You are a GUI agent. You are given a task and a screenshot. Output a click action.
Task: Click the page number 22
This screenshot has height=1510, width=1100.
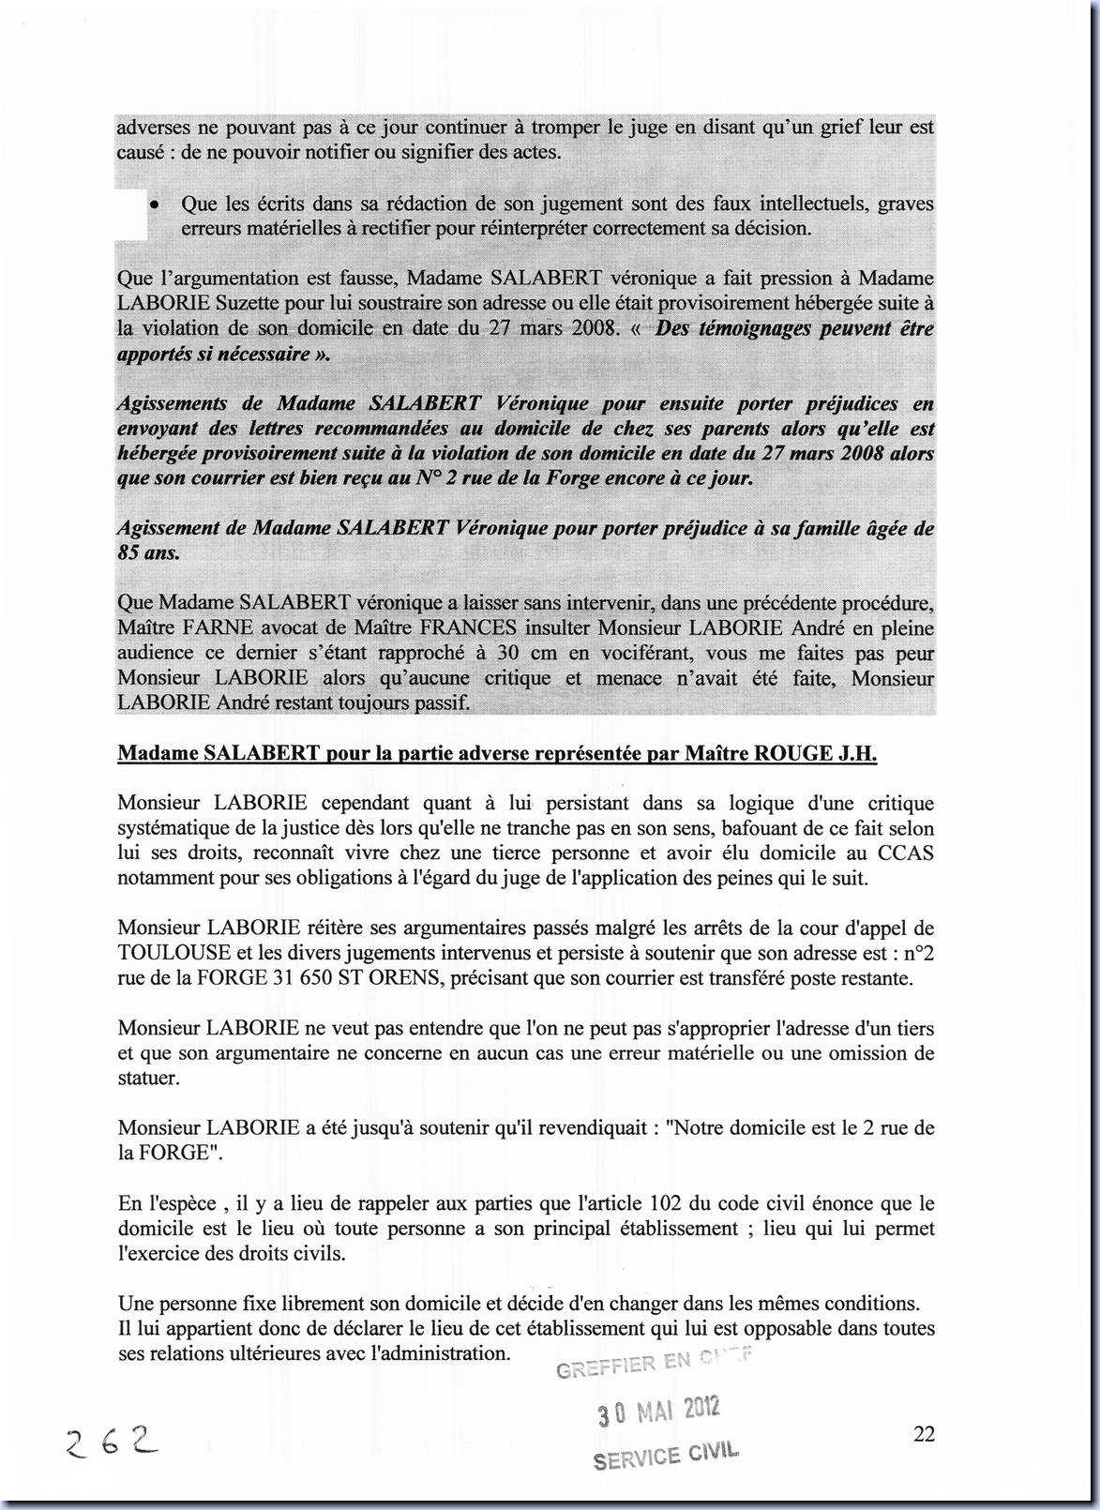point(923,1433)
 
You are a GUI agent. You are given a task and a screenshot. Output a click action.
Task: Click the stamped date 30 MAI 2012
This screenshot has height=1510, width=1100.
point(658,1410)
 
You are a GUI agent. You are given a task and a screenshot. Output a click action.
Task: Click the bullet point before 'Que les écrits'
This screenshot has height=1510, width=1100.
point(154,204)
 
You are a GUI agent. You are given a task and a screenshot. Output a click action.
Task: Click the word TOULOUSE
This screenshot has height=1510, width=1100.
point(174,953)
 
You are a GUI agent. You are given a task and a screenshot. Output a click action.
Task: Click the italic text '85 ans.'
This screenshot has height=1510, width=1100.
point(148,553)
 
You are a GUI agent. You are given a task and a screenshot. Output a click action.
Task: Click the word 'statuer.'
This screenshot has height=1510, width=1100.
point(148,1078)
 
